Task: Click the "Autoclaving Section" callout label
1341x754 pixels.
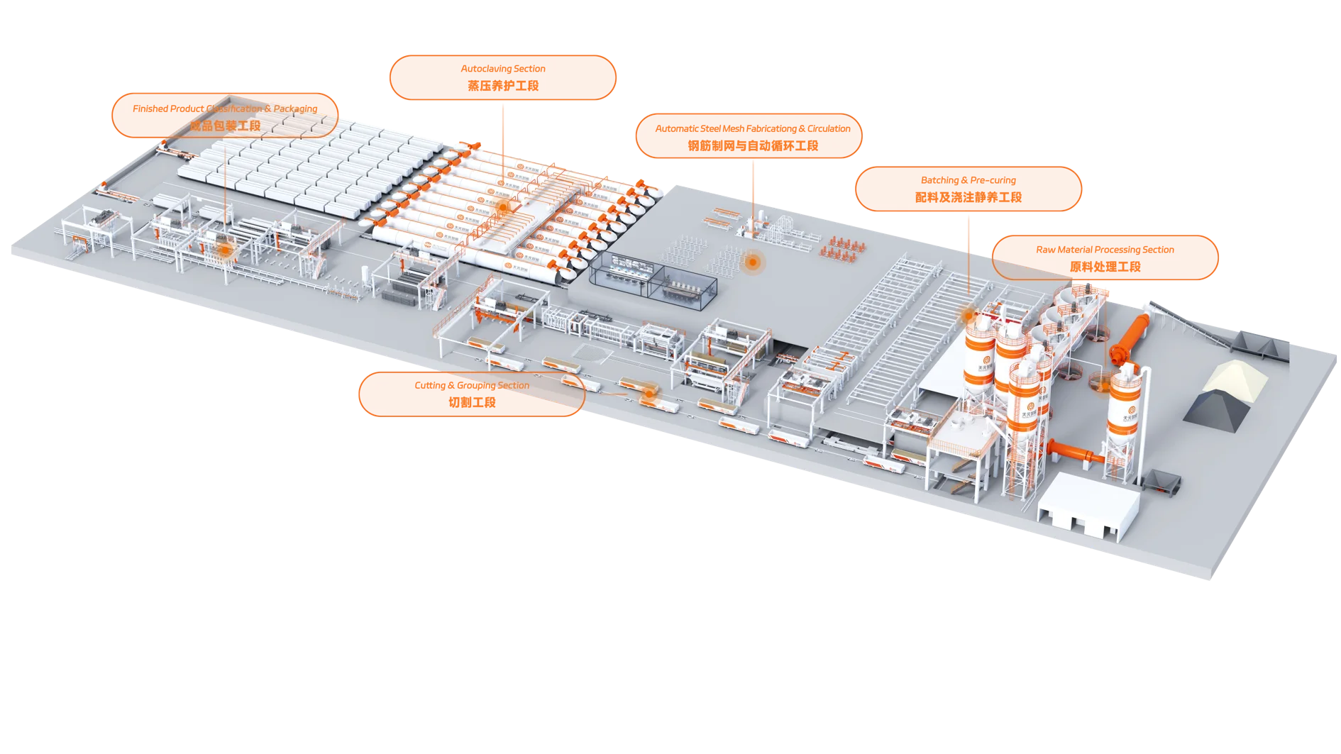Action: (x=502, y=77)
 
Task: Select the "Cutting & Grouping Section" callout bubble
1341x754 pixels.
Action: (x=471, y=394)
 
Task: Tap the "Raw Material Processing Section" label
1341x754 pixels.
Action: (x=1105, y=257)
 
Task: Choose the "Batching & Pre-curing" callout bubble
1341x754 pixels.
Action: (x=968, y=189)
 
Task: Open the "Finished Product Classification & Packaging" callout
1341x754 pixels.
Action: (x=225, y=116)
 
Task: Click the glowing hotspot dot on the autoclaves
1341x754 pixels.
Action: (x=503, y=207)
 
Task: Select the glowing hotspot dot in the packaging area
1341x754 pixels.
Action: (x=226, y=250)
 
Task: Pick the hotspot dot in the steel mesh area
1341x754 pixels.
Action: (x=753, y=262)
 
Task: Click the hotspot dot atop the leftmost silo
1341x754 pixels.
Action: (x=968, y=313)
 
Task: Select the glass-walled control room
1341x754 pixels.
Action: (x=651, y=277)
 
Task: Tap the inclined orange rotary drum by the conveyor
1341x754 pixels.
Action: (x=1129, y=338)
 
